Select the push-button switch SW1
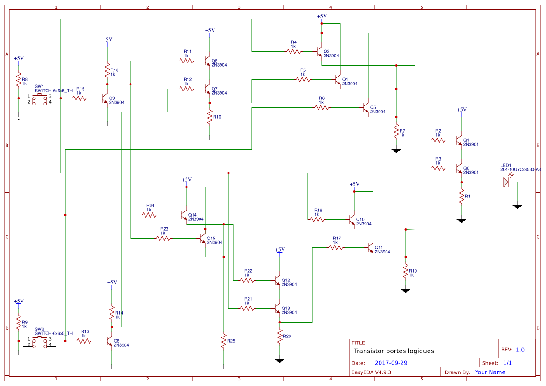(x=40, y=98)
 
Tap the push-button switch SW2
(x=40, y=341)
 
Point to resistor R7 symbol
(x=396, y=131)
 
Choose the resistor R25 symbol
(x=224, y=341)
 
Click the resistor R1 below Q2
(x=462, y=197)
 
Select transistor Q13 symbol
(x=278, y=309)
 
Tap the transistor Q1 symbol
(x=460, y=140)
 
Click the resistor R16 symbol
(x=107, y=70)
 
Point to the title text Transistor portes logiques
(x=394, y=351)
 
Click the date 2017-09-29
(x=391, y=363)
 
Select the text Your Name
(x=490, y=372)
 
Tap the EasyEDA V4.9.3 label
(x=371, y=372)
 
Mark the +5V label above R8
(x=19, y=58)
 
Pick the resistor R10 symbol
(x=210, y=117)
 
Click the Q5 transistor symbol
(x=366, y=108)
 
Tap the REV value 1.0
(x=519, y=350)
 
